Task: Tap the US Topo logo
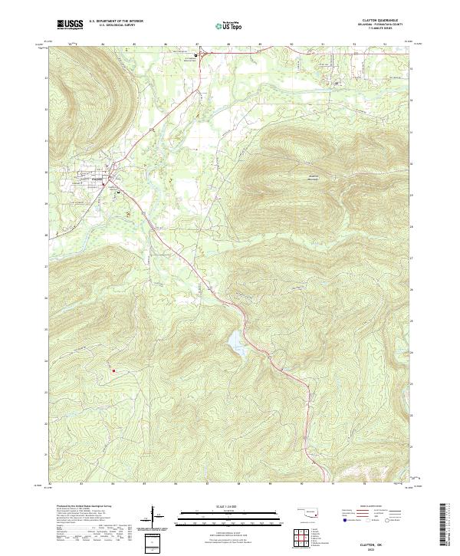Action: coord(230,25)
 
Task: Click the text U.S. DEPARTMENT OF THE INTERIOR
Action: coord(116,21)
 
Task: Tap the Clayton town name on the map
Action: coord(97,179)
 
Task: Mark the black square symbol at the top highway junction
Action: coord(195,55)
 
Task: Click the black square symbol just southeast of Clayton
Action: coord(118,193)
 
